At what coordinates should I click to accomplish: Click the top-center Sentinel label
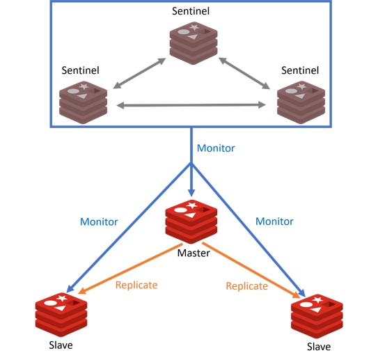pos(191,11)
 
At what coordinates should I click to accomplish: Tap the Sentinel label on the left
pos(80,70)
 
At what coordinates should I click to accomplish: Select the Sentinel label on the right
pos(300,70)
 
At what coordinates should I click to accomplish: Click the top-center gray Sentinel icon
pos(194,43)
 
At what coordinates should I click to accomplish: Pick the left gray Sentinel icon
pos(83,102)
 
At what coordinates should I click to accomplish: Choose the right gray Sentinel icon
pos(301,102)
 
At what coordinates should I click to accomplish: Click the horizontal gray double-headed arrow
pos(191,105)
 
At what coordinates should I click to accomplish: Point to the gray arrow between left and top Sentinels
pos(139,73)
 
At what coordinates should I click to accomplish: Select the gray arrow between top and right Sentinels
pos(244,73)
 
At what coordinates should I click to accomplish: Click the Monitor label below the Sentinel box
pos(216,148)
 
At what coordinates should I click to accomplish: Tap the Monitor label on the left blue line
pos(99,222)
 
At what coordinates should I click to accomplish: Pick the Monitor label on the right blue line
pos(274,221)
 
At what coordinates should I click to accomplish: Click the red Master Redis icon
pos(191,222)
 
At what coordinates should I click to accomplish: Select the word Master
pos(194,253)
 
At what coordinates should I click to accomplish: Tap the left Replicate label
pos(136,285)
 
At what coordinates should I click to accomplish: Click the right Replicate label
pos(247,286)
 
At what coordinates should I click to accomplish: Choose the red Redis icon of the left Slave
pos(61,315)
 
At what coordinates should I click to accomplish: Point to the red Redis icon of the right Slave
pos(317,316)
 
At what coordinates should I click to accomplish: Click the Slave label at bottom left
pos(61,345)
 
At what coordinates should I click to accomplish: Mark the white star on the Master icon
pos(192,205)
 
